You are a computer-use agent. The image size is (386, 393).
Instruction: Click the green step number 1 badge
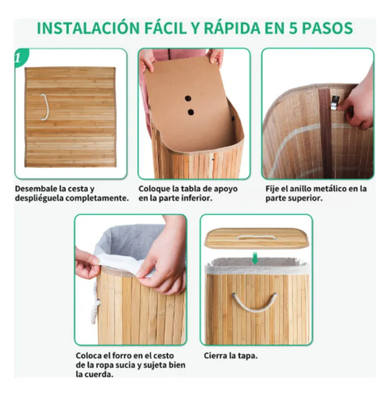click(x=20, y=58)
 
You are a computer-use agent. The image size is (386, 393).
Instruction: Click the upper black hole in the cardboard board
click(x=188, y=98)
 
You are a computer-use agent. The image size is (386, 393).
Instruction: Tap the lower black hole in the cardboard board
click(x=191, y=112)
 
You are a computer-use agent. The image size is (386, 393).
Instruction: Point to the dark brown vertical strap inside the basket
click(x=325, y=133)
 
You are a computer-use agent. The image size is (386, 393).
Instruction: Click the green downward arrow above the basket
click(x=255, y=258)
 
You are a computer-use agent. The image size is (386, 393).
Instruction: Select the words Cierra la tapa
click(x=231, y=356)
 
